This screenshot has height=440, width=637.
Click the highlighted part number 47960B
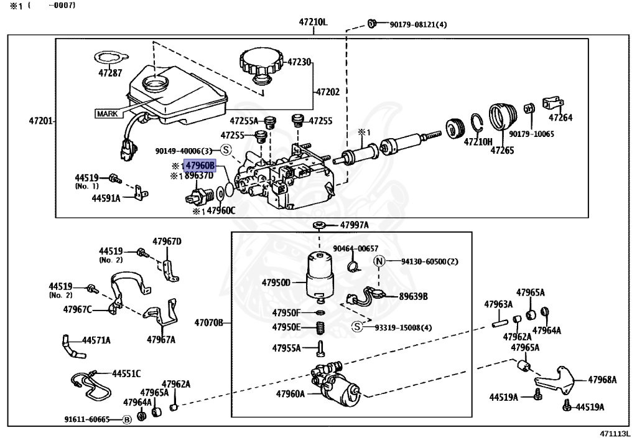click(200, 166)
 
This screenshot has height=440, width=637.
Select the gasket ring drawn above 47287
click(109, 58)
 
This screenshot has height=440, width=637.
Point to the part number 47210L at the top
click(314, 22)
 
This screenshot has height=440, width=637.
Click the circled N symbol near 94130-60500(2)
click(379, 261)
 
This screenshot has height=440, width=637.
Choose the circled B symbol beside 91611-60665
click(127, 419)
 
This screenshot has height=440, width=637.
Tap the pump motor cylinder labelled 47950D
click(319, 276)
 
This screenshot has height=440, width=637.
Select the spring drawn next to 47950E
click(320, 327)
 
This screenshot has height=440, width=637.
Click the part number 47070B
click(209, 323)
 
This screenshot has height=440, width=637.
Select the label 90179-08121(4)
click(419, 25)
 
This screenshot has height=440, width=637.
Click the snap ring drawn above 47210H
click(477, 126)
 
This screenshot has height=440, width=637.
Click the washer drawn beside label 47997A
click(318, 225)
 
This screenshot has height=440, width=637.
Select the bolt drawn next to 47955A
click(320, 348)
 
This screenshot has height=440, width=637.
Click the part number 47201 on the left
click(40, 121)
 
